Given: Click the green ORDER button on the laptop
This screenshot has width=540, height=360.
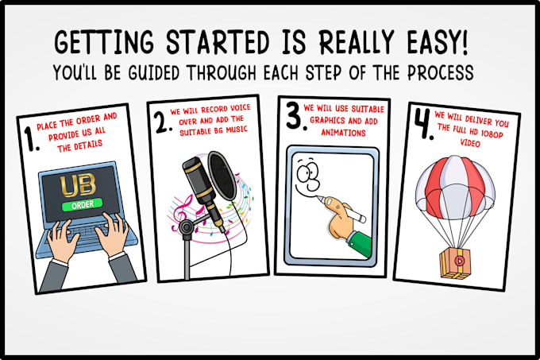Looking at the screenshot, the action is point(83,204).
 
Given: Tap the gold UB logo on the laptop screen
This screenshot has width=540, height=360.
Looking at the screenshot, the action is point(78,185).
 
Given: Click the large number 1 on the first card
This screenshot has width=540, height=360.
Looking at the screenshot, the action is point(32,139).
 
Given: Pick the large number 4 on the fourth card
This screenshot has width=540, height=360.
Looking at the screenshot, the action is point(424,124).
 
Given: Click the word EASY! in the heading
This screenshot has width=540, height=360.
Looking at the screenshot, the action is point(438,42).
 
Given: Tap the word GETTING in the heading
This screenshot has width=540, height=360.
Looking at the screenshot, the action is point(104,42).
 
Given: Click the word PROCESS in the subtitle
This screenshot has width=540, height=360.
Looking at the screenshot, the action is point(441,72).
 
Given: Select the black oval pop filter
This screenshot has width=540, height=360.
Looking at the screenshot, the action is point(222,176).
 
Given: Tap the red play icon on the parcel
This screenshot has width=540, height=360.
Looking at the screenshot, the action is point(460,261).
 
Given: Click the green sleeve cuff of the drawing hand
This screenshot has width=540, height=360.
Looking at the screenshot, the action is point(358,244).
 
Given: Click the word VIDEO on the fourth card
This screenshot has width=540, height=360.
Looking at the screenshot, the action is point(470,142).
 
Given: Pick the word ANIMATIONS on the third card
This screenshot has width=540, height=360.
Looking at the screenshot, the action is point(343,133).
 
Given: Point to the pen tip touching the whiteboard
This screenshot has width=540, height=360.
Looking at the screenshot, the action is point(318,197).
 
